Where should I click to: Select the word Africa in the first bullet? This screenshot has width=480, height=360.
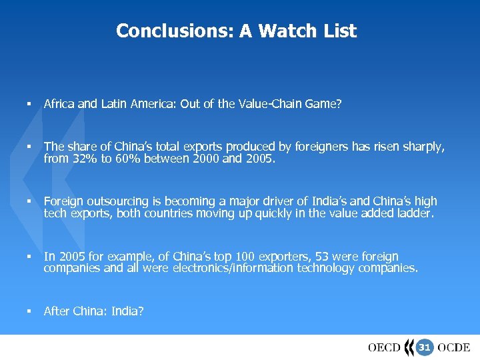pos(59,103)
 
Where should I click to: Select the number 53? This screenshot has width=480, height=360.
pos(321,257)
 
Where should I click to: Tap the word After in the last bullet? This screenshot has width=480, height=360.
pos(56,311)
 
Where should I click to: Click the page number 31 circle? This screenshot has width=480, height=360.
pos(425,347)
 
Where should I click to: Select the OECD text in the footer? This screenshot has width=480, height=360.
pos(384,347)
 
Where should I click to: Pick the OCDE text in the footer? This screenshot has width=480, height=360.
pos(454,347)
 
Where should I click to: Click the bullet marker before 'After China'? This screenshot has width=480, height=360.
pos(29,311)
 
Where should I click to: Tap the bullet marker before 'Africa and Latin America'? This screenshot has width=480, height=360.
pos(29,103)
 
